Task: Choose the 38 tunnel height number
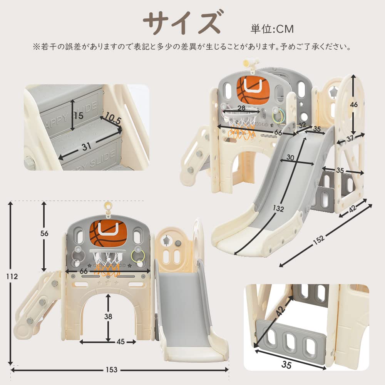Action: (109, 316)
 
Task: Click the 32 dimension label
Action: (301, 125)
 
